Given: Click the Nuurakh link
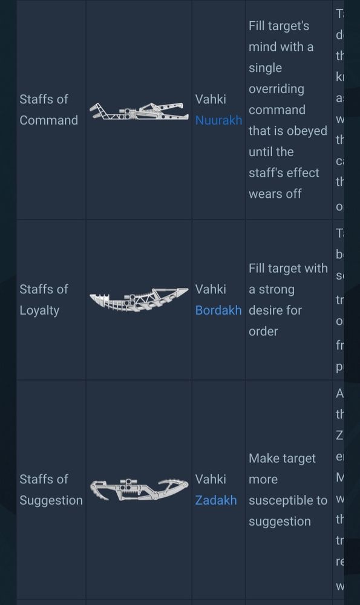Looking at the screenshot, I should tap(218, 120).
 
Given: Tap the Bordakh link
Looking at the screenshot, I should tap(218, 310).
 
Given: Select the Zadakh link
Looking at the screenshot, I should tap(216, 500).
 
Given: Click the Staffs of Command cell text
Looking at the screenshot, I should tap(48, 110).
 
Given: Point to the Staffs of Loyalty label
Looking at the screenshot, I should tap(44, 299).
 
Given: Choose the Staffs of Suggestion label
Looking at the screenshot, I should tap(51, 489).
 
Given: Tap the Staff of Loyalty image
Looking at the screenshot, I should tap(139, 300).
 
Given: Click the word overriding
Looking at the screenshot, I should tap(277, 89).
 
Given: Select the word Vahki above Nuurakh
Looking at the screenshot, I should tap(211, 99).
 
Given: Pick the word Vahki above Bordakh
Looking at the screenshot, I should tap(211, 289).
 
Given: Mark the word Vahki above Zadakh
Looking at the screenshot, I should tap(211, 479).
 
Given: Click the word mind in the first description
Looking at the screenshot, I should tap(263, 47).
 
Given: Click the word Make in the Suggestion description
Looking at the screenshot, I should tap(264, 459).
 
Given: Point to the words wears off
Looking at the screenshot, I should tap(275, 194).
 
